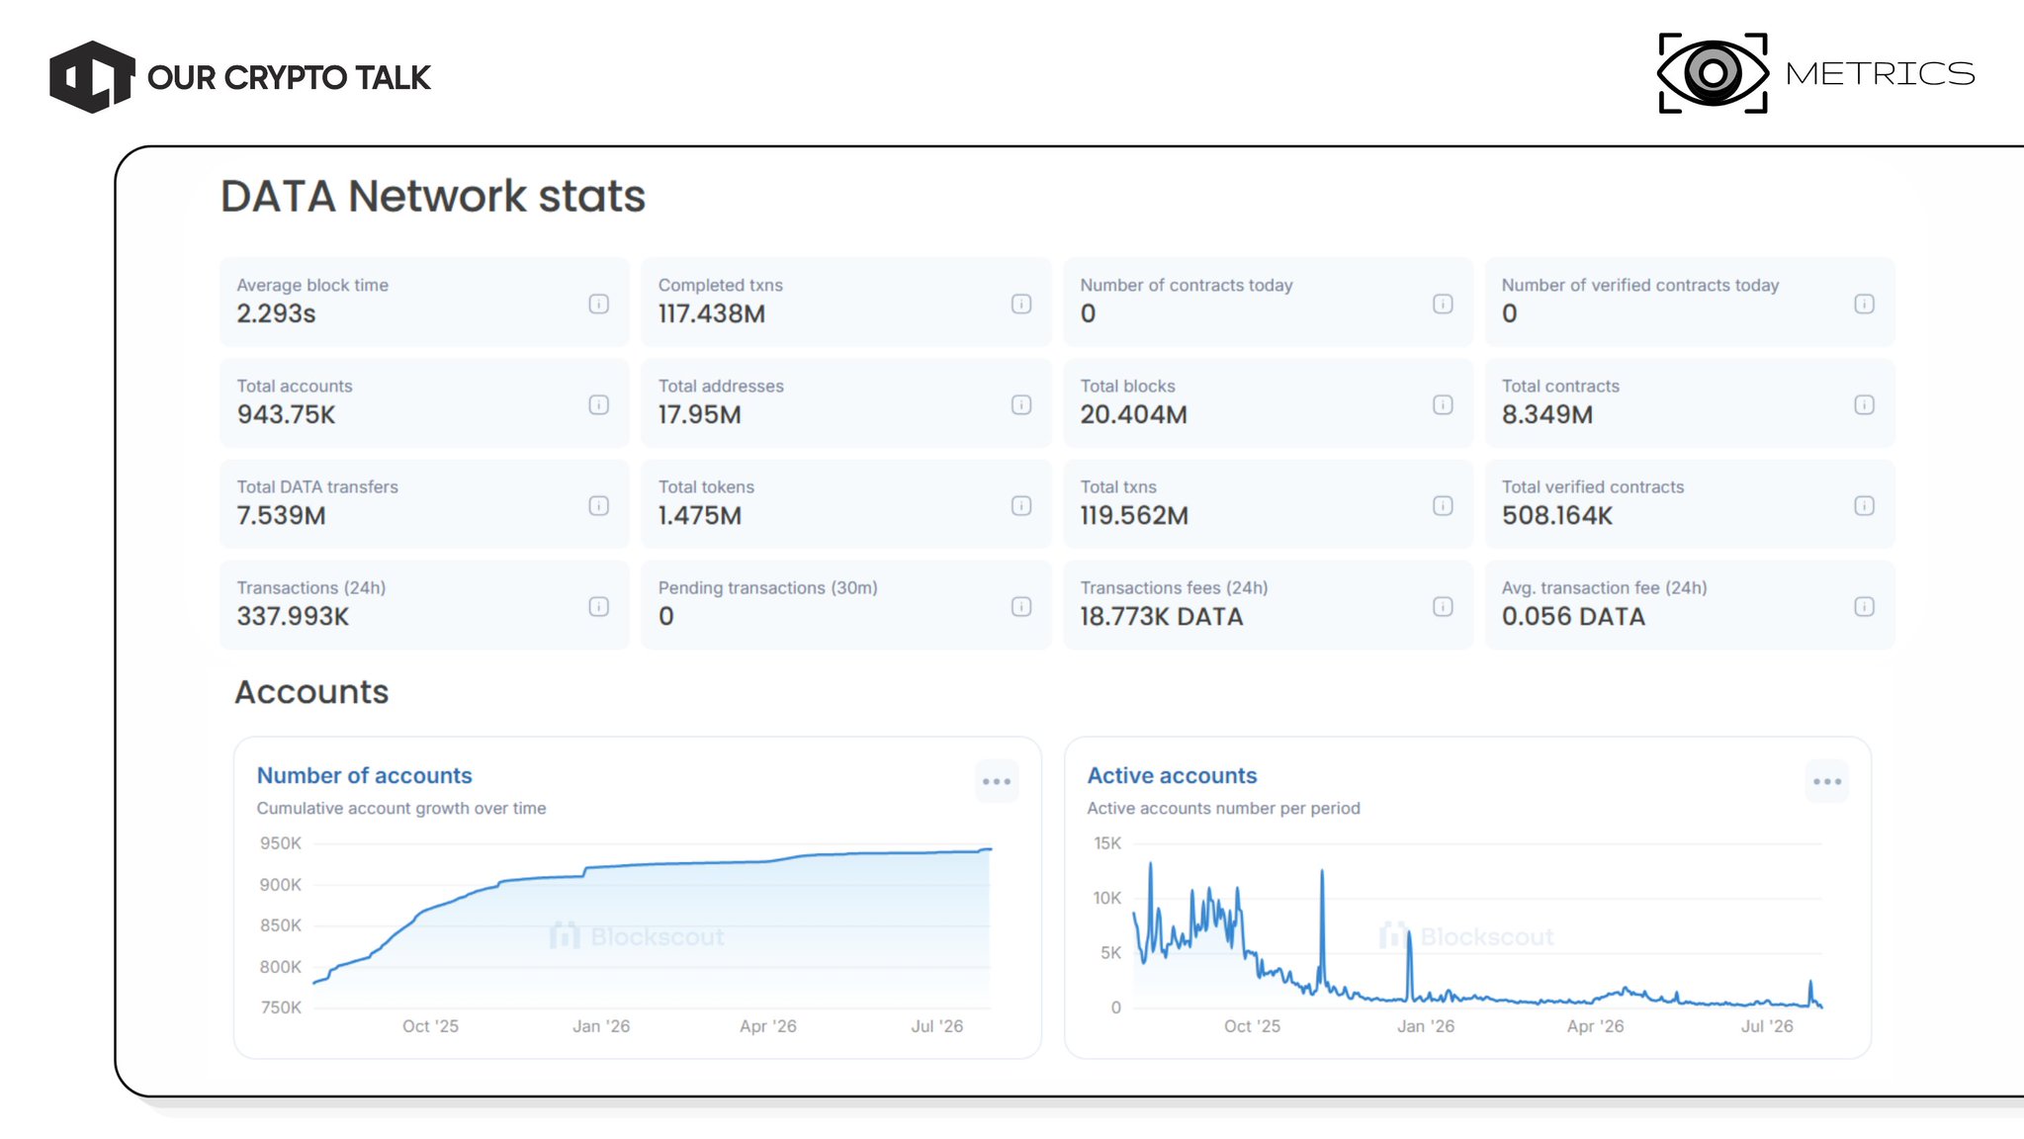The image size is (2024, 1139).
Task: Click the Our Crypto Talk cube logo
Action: point(92,77)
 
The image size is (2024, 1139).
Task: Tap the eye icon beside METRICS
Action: point(1713,73)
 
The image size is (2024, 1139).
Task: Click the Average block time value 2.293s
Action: point(276,313)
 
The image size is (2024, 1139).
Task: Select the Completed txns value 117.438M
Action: point(712,313)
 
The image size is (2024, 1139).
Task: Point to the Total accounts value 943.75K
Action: point(286,414)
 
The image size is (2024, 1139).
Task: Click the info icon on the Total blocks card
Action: point(1443,404)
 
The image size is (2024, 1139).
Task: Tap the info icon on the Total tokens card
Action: point(1021,505)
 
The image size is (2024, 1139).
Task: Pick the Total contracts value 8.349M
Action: point(1547,414)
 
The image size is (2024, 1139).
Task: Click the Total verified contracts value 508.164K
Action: point(1557,515)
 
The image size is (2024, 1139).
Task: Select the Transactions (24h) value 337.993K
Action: point(293,616)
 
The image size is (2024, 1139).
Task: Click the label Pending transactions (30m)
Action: point(768,587)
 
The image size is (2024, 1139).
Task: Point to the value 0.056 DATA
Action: point(1573,616)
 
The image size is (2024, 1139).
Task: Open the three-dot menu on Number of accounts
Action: point(997,781)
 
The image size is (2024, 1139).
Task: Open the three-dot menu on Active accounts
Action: point(1827,781)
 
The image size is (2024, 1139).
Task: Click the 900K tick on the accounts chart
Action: point(280,885)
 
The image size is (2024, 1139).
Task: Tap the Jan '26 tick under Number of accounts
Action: point(601,1026)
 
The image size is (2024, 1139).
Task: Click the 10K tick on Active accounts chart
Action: point(1106,898)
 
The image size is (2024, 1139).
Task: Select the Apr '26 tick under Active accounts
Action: point(1595,1026)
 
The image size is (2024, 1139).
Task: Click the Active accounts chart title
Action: point(1172,775)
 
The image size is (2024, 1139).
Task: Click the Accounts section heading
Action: point(311,691)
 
